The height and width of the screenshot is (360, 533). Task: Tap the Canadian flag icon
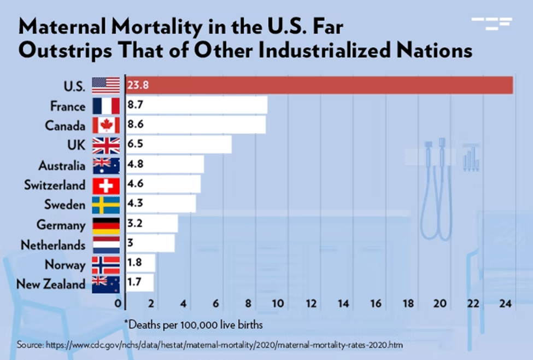pyautogui.click(x=106, y=125)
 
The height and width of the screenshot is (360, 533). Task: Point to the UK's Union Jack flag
pyautogui.click(x=106, y=145)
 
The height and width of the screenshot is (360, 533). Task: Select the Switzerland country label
pyautogui.click(x=55, y=185)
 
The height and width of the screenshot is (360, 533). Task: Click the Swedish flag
pyautogui.click(x=106, y=205)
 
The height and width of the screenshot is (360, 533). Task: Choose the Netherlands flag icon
pyautogui.click(x=106, y=245)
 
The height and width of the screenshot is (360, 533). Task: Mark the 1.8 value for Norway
pyautogui.click(x=134, y=264)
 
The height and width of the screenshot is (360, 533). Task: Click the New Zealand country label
pyautogui.click(x=51, y=284)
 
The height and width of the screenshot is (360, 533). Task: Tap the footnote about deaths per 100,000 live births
pyautogui.click(x=194, y=324)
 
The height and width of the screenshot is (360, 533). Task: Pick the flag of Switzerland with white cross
pyautogui.click(x=106, y=185)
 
